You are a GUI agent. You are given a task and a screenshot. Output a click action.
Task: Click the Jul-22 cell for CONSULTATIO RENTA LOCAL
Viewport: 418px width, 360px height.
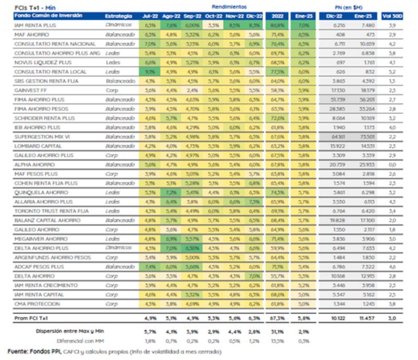(x=150, y=72)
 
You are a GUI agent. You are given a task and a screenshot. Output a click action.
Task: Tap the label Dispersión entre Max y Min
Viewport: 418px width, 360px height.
(x=71, y=331)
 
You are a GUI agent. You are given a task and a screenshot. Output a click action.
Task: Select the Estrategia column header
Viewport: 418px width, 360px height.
(x=118, y=16)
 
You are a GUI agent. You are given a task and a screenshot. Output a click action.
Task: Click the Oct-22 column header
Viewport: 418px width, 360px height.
(x=213, y=16)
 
